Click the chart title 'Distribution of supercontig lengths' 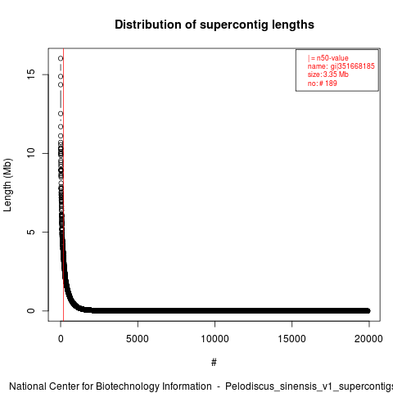[x=215, y=25]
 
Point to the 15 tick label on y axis [x=31, y=75]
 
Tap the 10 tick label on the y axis [x=31, y=153]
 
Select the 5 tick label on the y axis [x=31, y=232]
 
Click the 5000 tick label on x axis [x=138, y=339]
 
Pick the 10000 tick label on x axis [x=215, y=339]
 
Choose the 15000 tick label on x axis [x=291, y=339]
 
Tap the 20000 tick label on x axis [x=368, y=339]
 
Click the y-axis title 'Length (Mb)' [x=7, y=185]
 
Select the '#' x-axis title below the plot [x=214, y=363]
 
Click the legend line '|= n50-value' [x=327, y=58]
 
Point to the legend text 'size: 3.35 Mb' [x=328, y=75]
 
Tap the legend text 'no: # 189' [x=323, y=83]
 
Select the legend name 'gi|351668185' [x=353, y=66]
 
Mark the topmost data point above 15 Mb [x=61, y=58]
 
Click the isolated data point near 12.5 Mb [x=61, y=114]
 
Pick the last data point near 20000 [x=368, y=310]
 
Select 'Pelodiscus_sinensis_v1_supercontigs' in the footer [x=309, y=387]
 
